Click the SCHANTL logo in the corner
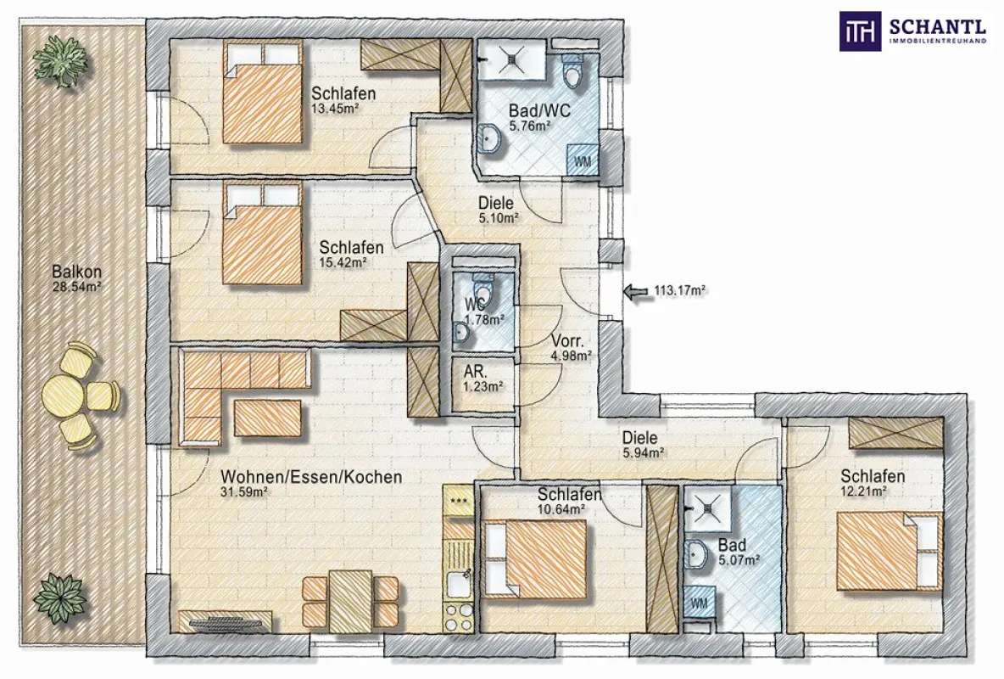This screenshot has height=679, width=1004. pyautogui.click(x=914, y=31)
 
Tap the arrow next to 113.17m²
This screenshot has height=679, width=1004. pyautogui.click(x=636, y=292)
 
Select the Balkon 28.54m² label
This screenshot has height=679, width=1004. pyautogui.click(x=77, y=278)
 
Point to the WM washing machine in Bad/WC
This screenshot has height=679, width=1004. pyautogui.click(x=583, y=160)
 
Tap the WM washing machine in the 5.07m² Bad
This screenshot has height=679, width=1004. pyautogui.click(x=700, y=603)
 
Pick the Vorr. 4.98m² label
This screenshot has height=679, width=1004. pyautogui.click(x=572, y=348)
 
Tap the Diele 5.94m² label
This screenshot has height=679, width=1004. pyautogui.click(x=642, y=445)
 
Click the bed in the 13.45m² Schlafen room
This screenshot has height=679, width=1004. pyautogui.click(x=263, y=93)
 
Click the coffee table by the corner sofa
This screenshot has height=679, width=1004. pyautogui.click(x=268, y=418)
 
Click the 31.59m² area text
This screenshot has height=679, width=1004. pyautogui.click(x=244, y=491)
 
